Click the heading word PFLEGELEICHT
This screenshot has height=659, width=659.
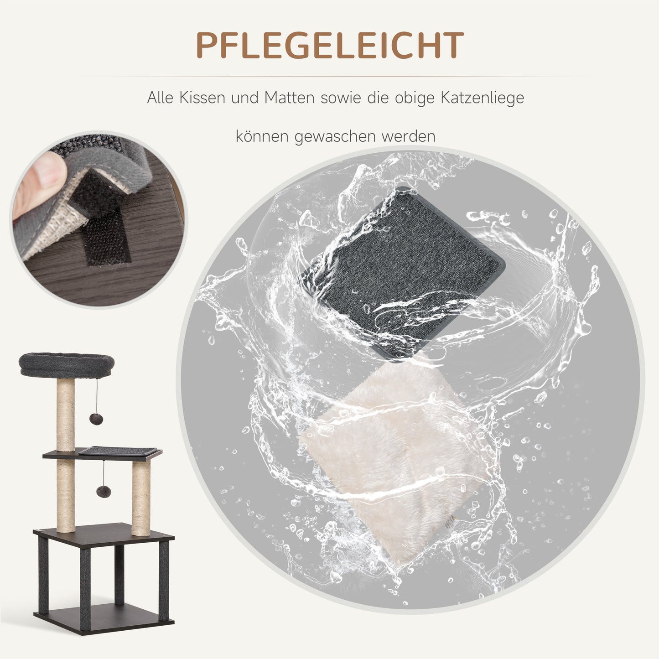(330, 46)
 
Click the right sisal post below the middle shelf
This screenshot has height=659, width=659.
(141, 495)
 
